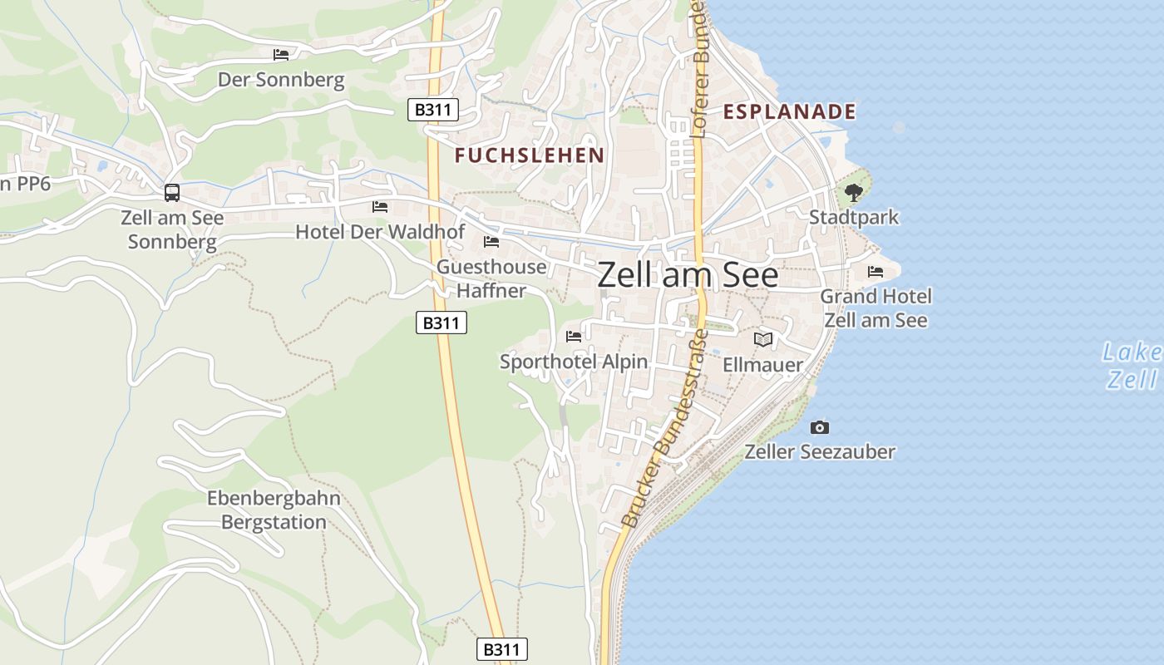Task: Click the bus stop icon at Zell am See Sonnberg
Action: click(x=172, y=193)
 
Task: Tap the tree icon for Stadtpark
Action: click(x=853, y=193)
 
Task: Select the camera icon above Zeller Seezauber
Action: click(x=820, y=427)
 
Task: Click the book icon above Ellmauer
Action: click(x=762, y=339)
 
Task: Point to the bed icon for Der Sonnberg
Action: click(x=281, y=55)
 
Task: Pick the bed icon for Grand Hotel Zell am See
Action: click(x=875, y=272)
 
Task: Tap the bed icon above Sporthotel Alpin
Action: click(x=574, y=337)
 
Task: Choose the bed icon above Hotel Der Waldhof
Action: click(x=380, y=206)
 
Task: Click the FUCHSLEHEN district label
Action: click(x=530, y=155)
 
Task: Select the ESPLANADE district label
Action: click(x=789, y=111)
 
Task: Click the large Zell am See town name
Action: click(x=688, y=275)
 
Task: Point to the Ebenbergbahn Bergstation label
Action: click(x=274, y=510)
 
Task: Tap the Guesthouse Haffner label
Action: click(x=491, y=278)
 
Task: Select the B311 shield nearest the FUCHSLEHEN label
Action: click(x=433, y=110)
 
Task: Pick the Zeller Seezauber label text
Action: click(x=820, y=452)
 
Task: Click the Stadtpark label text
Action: click(x=854, y=218)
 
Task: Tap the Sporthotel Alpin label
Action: click(x=573, y=362)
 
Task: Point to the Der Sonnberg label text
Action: click(x=281, y=80)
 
